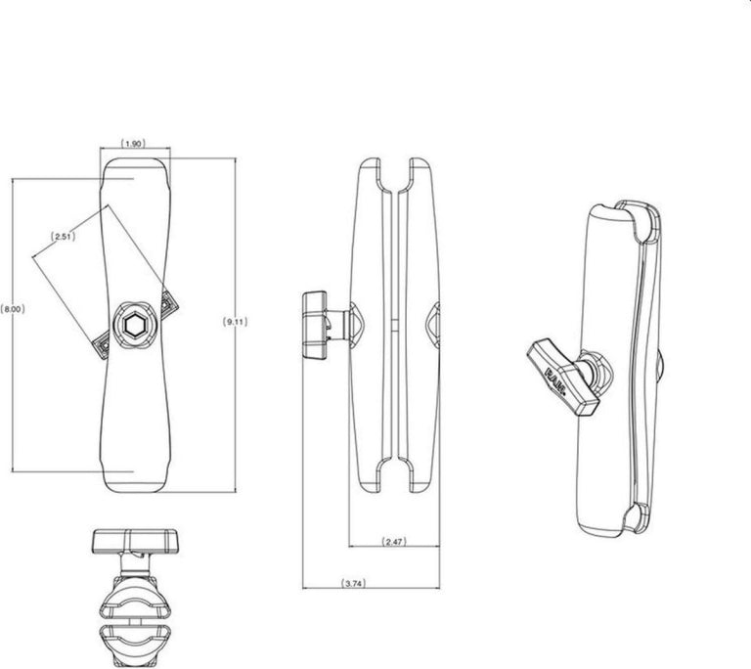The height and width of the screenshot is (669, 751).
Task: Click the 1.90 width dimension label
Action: pos(133,143)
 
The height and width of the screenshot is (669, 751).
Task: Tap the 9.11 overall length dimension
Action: pos(235,322)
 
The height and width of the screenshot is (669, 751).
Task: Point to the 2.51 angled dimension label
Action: pos(63,237)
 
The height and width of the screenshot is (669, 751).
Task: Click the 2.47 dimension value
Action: pos(394,542)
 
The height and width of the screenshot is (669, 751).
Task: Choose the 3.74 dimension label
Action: pos(353,583)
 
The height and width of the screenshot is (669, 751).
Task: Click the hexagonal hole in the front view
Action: pos(131,327)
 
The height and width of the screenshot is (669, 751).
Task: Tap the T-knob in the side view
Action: pos(315,325)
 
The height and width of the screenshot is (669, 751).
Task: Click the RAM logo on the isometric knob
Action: pos(557,381)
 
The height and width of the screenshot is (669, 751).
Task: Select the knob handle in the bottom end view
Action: pos(135,541)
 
